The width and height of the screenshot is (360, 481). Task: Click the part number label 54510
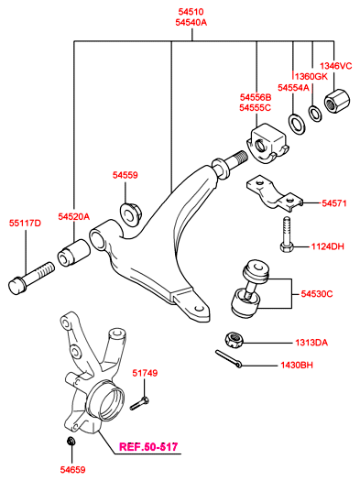pyautogui.click(x=191, y=12)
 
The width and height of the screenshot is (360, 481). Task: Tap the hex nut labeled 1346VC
pyautogui.click(x=337, y=101)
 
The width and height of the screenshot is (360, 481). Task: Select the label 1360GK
pyautogui.click(x=311, y=76)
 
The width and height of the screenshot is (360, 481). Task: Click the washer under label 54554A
pyautogui.click(x=297, y=125)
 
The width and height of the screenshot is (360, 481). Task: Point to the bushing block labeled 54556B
pyautogui.click(x=267, y=143)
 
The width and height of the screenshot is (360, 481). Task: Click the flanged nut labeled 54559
pyautogui.click(x=130, y=213)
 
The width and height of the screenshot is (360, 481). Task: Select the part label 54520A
pyautogui.click(x=74, y=216)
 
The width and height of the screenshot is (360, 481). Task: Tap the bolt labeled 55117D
pyautogui.click(x=31, y=278)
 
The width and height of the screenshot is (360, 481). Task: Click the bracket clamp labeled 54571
pyautogui.click(x=275, y=193)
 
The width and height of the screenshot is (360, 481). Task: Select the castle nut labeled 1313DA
pyautogui.click(x=234, y=340)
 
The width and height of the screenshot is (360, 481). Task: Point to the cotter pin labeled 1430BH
pyautogui.click(x=228, y=358)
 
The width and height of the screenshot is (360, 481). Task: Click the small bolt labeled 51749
pyautogui.click(x=139, y=403)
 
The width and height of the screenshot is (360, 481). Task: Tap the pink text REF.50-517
pyautogui.click(x=148, y=447)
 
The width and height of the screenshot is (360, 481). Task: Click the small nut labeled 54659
pyautogui.click(x=71, y=441)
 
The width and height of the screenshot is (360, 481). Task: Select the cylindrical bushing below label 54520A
pyautogui.click(x=74, y=253)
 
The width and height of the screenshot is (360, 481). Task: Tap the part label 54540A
pyautogui.click(x=191, y=22)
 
